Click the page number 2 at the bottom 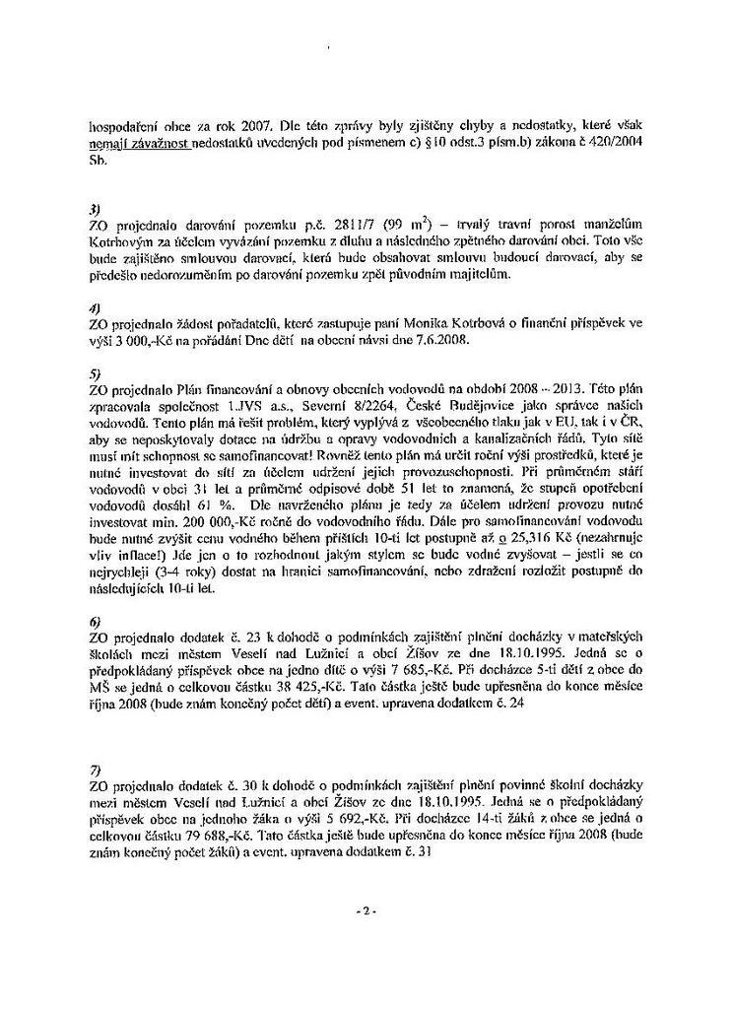(365, 911)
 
